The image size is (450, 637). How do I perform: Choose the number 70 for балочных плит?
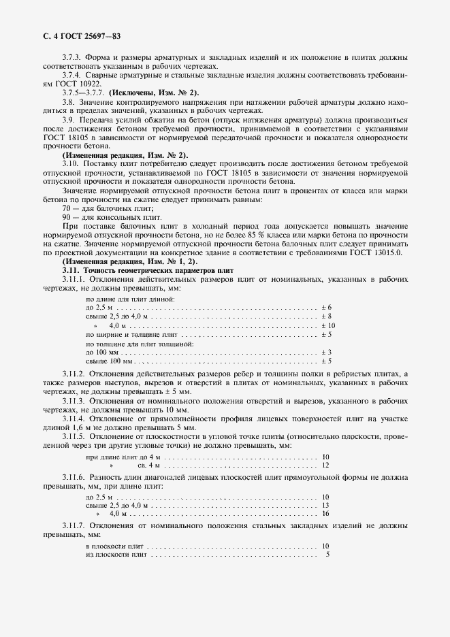[x=67, y=208]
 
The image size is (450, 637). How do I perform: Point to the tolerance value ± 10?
[x=327, y=326]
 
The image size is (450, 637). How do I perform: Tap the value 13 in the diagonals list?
[x=325, y=505]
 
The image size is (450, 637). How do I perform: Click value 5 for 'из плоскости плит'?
[x=327, y=555]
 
